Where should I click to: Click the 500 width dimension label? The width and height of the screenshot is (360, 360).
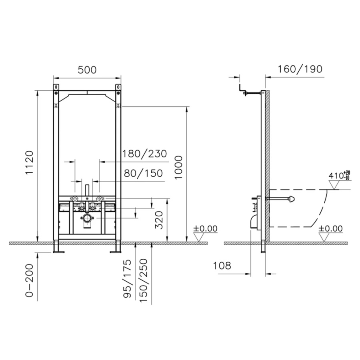[x=87, y=70]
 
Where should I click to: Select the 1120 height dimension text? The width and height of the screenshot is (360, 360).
[x=30, y=162]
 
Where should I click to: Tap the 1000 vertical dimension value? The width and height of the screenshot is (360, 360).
[x=178, y=168]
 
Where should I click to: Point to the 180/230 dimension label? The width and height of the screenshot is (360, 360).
[x=144, y=154]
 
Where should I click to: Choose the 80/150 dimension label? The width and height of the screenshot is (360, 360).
[x=143, y=173]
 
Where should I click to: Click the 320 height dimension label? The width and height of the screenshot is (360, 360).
[x=159, y=220]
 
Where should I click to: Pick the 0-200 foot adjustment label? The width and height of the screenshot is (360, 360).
[x=29, y=280]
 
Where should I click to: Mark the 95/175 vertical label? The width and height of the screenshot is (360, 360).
[x=128, y=278]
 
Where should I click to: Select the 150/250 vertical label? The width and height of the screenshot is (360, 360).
[x=143, y=280]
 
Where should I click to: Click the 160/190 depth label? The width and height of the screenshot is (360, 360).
[x=300, y=69]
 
